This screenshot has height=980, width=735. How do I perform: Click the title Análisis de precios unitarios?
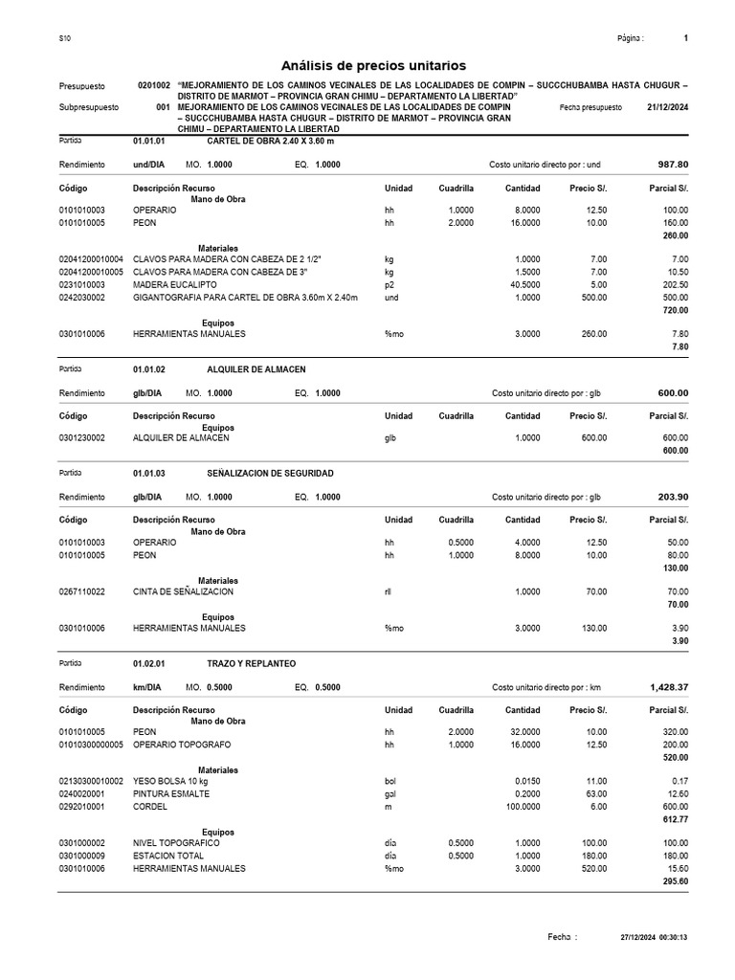[373, 65]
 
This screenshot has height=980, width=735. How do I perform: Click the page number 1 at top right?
[686, 38]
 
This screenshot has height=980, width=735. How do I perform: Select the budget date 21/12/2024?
[667, 108]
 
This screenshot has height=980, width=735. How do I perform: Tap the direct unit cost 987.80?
[673, 165]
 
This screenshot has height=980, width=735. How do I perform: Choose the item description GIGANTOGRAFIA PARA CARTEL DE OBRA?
[245, 298]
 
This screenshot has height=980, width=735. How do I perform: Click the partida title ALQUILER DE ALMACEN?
[256, 369]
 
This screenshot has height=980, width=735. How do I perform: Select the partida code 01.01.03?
[148, 474]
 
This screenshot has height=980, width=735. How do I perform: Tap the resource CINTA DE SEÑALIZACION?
[183, 592]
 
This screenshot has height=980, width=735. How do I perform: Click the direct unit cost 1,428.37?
[668, 687]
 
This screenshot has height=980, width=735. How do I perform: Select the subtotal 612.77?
[675, 819]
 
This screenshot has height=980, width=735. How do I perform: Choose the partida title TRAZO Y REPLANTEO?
[251, 663]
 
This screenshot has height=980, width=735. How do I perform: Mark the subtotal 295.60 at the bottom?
[675, 881]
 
